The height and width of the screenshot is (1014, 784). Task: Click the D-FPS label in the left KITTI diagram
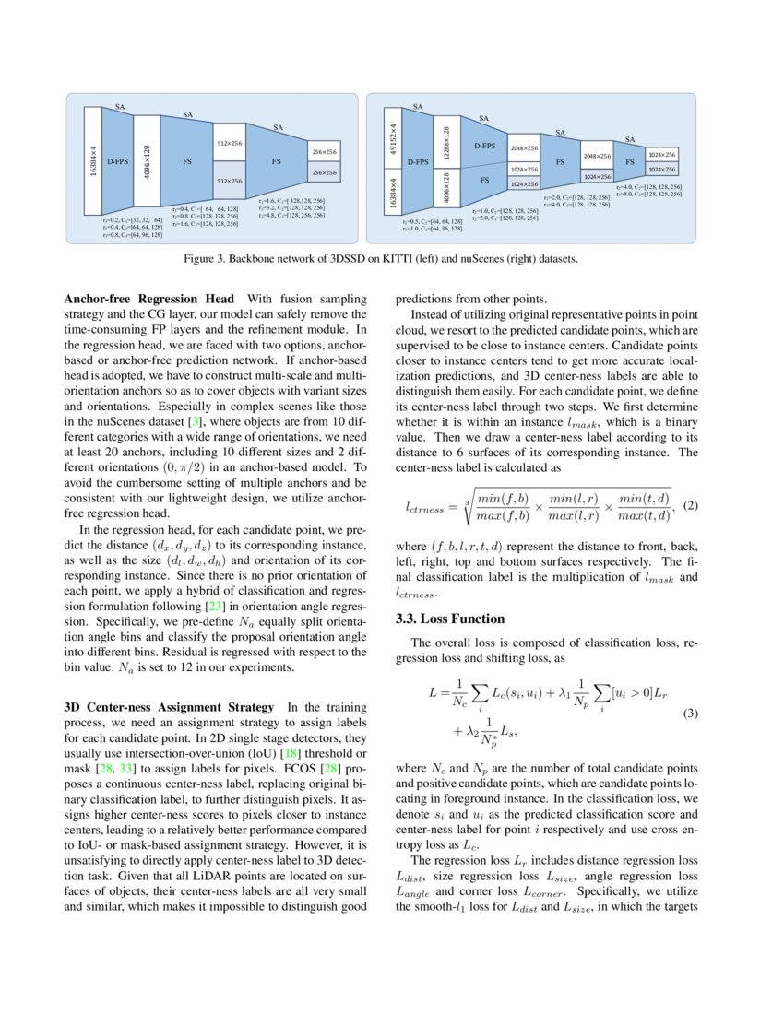pyautogui.click(x=117, y=160)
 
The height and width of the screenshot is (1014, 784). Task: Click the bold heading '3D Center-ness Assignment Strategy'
pyautogui.click(x=169, y=707)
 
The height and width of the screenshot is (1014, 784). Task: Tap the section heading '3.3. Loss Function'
pyautogui.click(x=449, y=619)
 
